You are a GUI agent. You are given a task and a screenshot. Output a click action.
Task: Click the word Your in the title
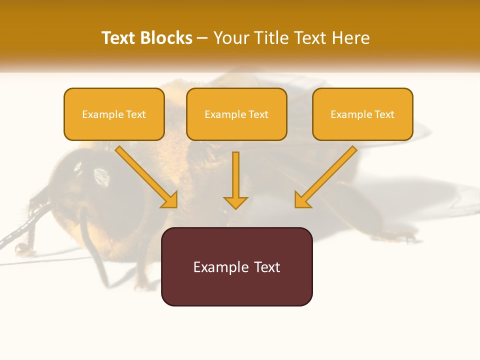(x=231, y=38)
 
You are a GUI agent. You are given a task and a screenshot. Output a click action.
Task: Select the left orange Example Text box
(x=114, y=114)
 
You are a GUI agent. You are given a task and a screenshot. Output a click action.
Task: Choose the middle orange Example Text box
(x=236, y=114)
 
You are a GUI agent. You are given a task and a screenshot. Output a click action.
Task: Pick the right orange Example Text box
(x=362, y=114)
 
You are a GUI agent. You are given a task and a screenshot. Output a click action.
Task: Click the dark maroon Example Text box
(x=236, y=266)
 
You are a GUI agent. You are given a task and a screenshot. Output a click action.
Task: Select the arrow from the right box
(x=327, y=175)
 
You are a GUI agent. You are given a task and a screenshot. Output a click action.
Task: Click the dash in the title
(x=202, y=38)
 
